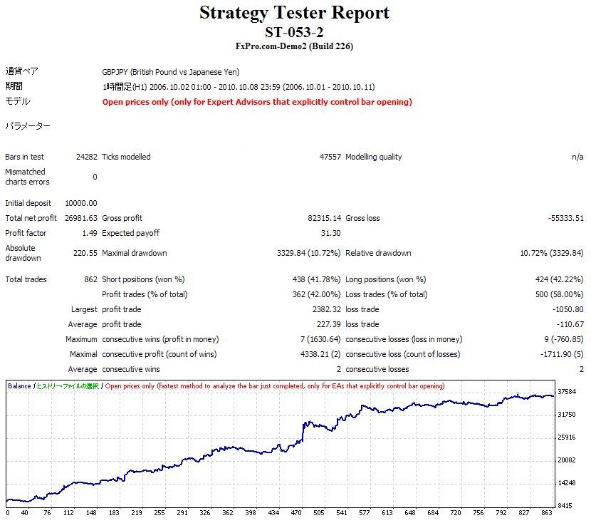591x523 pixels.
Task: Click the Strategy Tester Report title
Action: tap(294, 13)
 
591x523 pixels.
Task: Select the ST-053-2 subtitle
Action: tap(294, 32)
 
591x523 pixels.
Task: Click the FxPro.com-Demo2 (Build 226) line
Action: tap(294, 46)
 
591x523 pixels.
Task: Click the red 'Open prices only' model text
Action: tap(257, 102)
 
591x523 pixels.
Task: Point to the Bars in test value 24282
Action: tap(85, 157)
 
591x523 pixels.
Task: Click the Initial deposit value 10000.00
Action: tap(80, 203)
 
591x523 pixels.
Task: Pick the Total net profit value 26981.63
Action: tap(80, 218)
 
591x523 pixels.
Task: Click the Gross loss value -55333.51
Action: tap(565, 218)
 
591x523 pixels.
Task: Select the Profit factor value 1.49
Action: tap(89, 233)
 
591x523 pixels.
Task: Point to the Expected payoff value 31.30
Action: tap(331, 233)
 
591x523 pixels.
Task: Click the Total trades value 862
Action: tap(90, 279)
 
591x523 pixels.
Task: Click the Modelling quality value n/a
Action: tap(577, 157)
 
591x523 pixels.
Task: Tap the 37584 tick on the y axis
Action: tap(568, 391)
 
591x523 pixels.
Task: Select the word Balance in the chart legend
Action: tap(19, 386)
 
